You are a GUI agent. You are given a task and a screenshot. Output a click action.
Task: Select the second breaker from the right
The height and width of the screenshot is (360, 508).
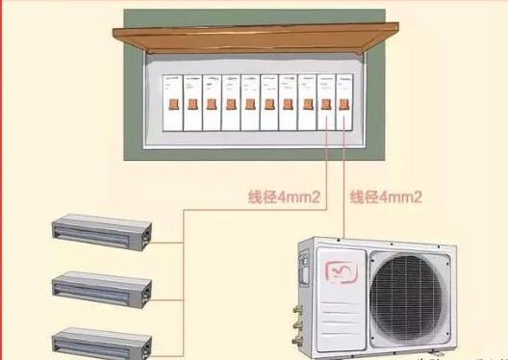point(327,101)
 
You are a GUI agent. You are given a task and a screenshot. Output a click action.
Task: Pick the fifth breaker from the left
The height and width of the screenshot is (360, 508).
point(249,101)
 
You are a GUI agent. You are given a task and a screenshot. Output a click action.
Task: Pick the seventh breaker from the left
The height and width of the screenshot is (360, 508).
point(289,101)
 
